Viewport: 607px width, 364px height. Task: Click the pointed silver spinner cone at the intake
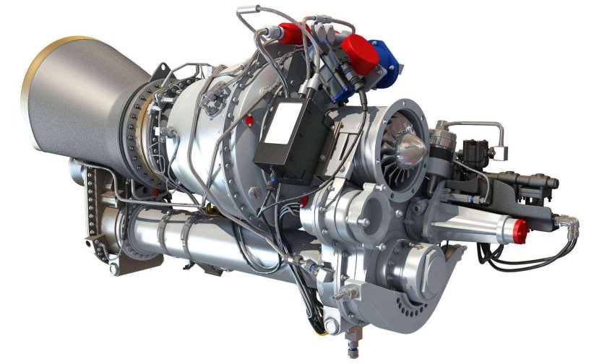point(413,148)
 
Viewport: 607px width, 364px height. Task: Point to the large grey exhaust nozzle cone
point(79,94)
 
